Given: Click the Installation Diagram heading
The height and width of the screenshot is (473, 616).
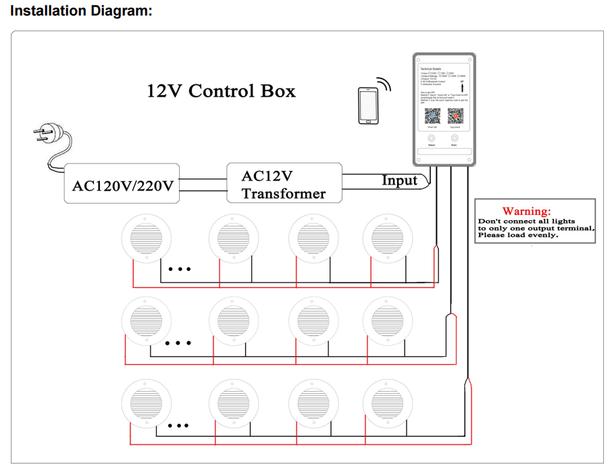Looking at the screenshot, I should click(x=81, y=11).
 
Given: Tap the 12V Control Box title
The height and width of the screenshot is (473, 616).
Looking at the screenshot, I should click(x=221, y=91).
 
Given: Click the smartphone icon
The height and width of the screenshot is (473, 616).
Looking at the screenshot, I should click(x=367, y=105).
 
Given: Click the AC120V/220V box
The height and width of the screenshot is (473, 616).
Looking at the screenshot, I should click(x=122, y=184).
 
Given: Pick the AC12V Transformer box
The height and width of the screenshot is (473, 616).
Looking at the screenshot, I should click(x=284, y=184).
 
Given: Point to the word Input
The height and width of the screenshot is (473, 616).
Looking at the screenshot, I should click(x=400, y=180).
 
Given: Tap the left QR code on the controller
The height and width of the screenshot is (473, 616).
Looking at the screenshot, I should click(x=432, y=114).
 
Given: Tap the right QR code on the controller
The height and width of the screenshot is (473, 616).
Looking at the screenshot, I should click(x=454, y=114).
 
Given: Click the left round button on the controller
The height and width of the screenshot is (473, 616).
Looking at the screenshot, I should click(x=432, y=138).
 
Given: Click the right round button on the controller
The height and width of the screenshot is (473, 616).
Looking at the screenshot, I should click(x=454, y=138).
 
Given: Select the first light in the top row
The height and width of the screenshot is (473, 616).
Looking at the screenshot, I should click(x=145, y=241).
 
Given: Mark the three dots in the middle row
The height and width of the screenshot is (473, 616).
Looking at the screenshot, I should click(x=178, y=343).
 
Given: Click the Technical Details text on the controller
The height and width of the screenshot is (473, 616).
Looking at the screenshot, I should click(x=430, y=69).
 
